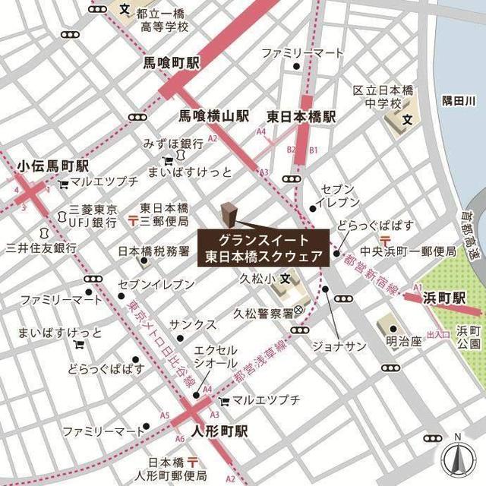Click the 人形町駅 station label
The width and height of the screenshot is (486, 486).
pyautogui.click(x=220, y=431)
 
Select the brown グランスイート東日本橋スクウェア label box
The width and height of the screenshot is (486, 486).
pyautogui.click(x=264, y=247)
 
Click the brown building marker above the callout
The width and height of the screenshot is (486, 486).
pyautogui.click(x=228, y=212)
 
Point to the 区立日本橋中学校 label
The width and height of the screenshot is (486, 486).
pyautogui.click(x=383, y=97)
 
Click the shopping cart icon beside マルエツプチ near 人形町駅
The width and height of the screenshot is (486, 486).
pyautogui.click(x=223, y=400)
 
